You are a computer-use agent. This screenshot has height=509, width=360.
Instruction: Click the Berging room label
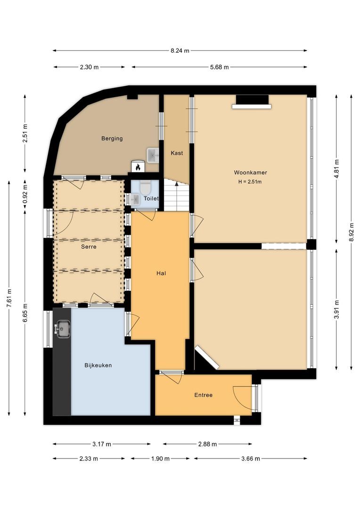[x=112, y=139]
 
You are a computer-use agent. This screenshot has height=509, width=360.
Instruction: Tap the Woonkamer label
[x=250, y=172]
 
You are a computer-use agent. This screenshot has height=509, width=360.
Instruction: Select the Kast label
[x=177, y=153]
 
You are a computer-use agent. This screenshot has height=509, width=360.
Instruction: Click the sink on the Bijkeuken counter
[x=63, y=329]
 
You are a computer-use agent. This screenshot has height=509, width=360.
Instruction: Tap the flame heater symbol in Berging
[x=138, y=166]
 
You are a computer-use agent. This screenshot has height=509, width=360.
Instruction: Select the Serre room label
[x=89, y=246]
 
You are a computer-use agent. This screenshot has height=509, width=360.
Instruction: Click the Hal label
[x=161, y=273]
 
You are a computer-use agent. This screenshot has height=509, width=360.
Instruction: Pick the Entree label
[x=204, y=395]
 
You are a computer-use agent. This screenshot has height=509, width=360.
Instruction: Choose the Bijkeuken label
[x=98, y=365]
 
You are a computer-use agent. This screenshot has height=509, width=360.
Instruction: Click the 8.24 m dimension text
[x=180, y=50]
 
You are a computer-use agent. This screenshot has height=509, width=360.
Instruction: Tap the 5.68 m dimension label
[x=220, y=67]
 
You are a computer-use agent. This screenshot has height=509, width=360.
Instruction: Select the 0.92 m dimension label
[x=25, y=194]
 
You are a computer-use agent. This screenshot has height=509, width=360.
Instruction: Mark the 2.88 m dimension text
[x=207, y=444]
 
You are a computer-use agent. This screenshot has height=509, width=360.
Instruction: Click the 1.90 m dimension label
[x=160, y=459]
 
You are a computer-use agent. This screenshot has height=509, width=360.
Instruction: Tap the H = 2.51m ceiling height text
[x=250, y=182]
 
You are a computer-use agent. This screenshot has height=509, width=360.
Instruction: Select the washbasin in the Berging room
[x=153, y=155]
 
